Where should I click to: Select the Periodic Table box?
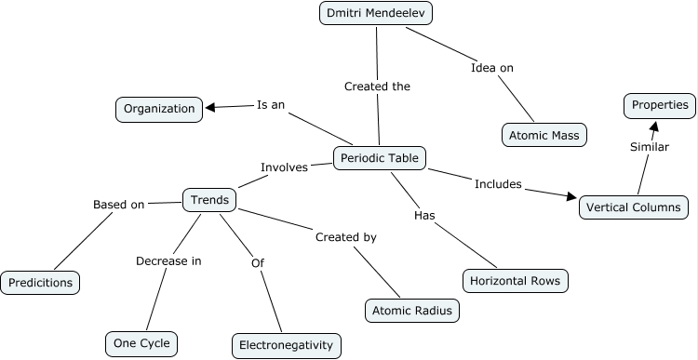pos(380,158)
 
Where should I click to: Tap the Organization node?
pos(158,109)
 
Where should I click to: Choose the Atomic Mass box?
pos(543,136)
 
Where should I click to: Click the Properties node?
pos(660,105)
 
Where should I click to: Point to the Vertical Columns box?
pos(635,207)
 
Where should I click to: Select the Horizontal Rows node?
pos(515,280)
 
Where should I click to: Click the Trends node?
pos(209,199)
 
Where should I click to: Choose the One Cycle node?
pos(140,343)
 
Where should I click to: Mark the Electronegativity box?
pos(286,345)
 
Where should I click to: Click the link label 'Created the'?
pos(377,86)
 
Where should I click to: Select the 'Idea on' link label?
pos(492,67)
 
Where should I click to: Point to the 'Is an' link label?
pos(270,105)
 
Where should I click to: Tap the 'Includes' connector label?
pos(498,183)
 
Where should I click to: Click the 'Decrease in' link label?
pos(168,260)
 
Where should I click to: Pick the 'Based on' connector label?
pos(118,205)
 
